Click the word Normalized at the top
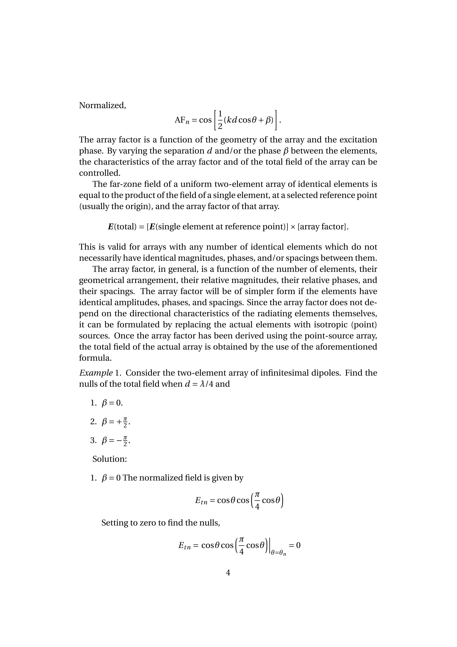pos(102,105)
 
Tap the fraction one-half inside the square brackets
pos(220,120)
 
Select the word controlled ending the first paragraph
pos(99,173)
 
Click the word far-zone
pos(130,184)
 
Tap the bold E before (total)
pos(111,227)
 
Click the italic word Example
pos(96,373)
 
